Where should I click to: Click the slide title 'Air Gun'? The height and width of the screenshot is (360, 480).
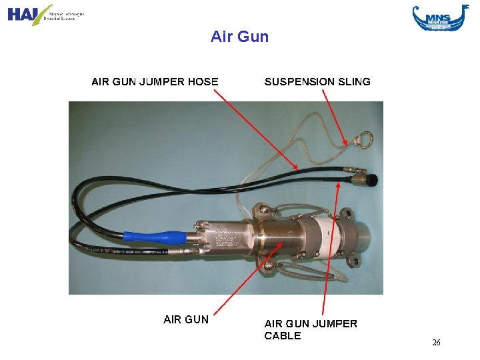click(x=239, y=37)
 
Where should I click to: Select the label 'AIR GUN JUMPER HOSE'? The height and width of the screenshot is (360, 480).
click(x=155, y=82)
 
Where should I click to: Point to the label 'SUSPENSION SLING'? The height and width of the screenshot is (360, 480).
click(x=317, y=82)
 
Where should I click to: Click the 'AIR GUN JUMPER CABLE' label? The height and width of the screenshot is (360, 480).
click(x=311, y=329)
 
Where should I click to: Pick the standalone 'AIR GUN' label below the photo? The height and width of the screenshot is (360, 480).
click(x=186, y=319)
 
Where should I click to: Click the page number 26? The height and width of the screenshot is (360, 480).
click(x=436, y=343)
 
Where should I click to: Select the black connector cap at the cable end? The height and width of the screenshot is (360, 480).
click(x=371, y=179)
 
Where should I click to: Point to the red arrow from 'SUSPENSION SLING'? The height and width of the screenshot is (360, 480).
click(x=334, y=117)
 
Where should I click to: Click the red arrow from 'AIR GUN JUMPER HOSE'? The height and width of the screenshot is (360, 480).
click(x=256, y=130)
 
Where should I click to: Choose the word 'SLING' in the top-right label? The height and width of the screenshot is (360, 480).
click(x=355, y=82)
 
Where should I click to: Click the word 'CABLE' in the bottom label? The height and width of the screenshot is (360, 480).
click(x=283, y=336)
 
